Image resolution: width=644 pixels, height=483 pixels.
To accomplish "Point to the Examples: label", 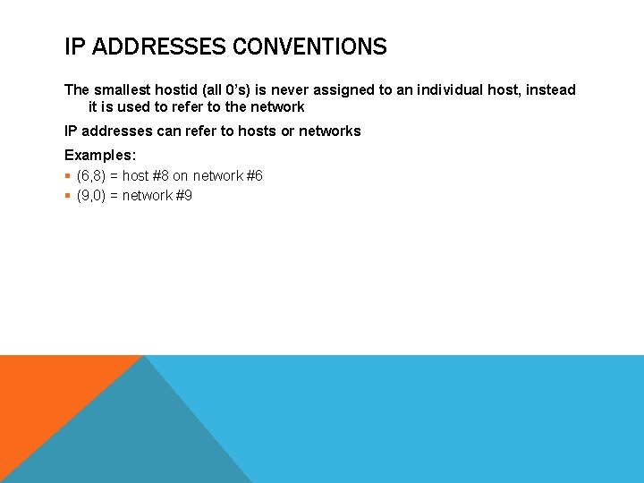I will pos(100,156).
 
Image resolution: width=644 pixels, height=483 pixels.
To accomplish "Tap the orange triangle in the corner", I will pos(45,394).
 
